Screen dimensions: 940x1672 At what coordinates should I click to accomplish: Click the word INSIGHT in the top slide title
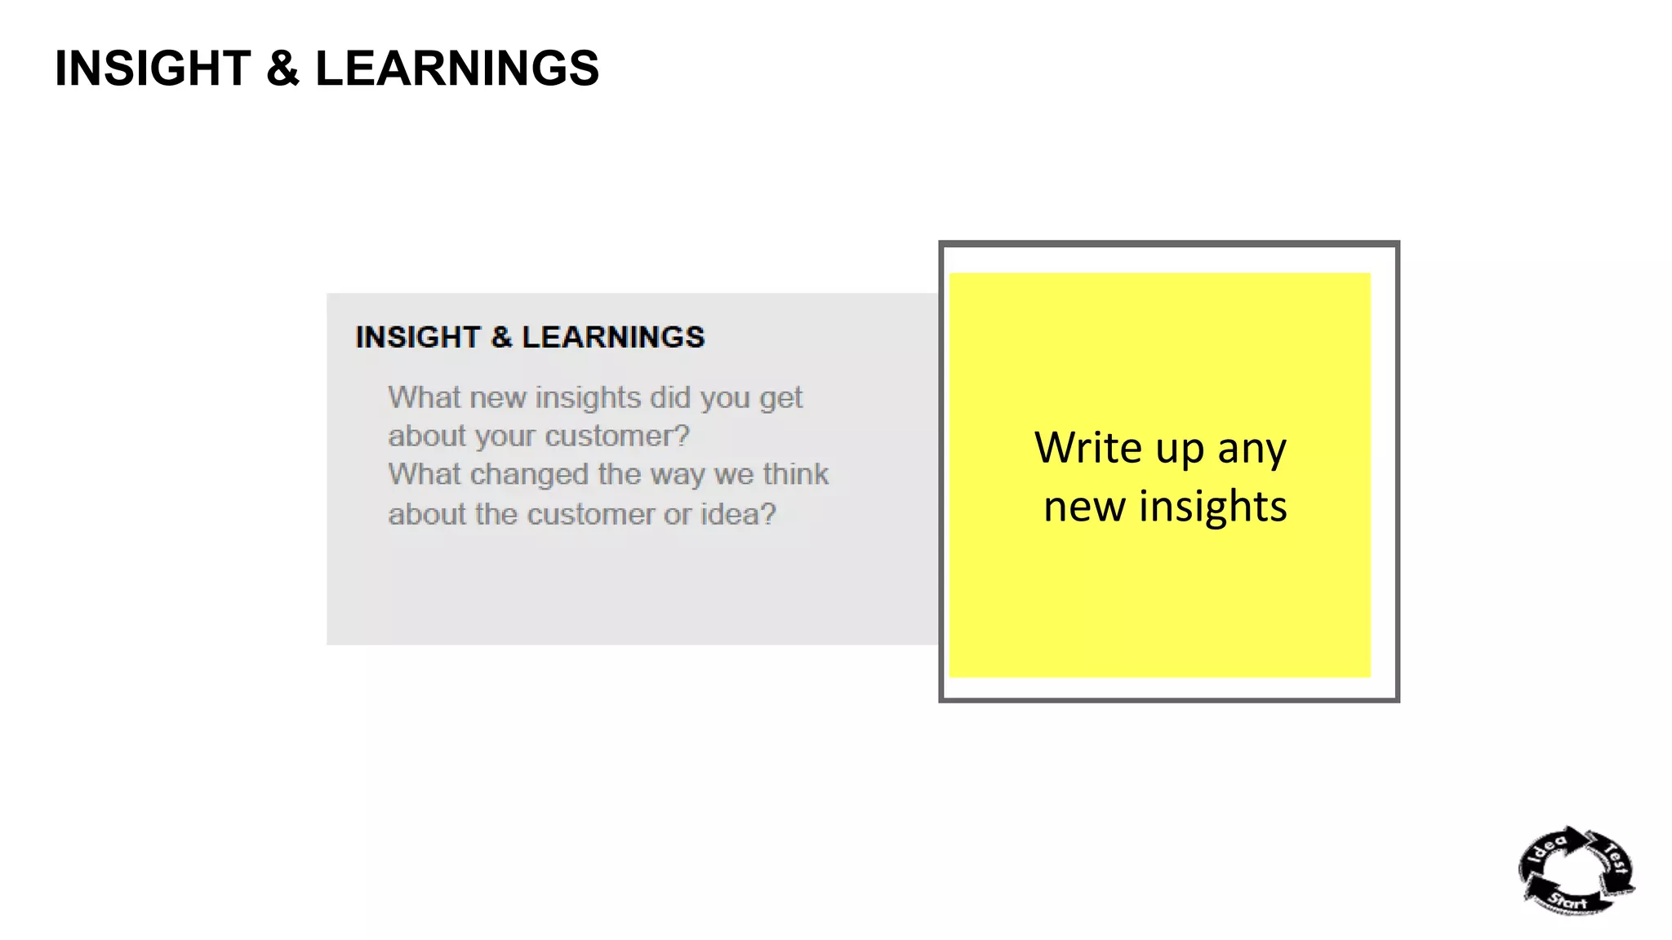(x=153, y=68)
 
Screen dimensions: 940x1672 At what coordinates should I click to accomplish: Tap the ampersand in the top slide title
(x=282, y=68)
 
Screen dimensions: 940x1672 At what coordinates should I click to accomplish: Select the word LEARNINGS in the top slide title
(x=457, y=68)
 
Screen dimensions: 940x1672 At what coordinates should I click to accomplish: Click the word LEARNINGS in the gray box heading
(x=613, y=337)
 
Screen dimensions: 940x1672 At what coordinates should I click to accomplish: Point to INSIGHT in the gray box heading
(x=418, y=337)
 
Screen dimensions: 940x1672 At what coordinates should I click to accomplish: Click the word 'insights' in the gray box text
(x=588, y=397)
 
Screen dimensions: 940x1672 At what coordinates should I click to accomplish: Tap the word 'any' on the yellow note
(x=1252, y=450)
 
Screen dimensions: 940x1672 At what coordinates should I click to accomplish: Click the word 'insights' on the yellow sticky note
(x=1213, y=507)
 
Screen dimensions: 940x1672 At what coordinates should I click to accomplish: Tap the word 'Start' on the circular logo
(x=1568, y=901)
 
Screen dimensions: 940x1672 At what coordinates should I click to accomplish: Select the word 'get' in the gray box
(x=781, y=399)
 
